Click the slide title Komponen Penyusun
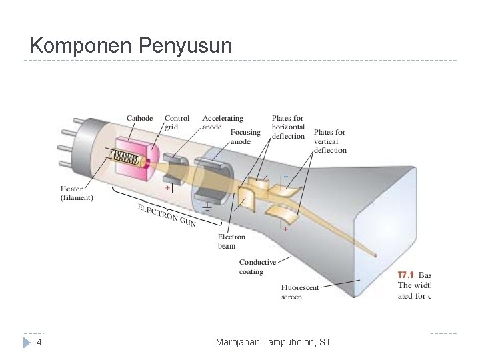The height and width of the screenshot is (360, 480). coord(131,46)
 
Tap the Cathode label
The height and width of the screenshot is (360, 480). coord(140,119)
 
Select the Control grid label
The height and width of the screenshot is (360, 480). coord(177,123)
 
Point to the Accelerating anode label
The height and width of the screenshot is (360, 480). coord(223,123)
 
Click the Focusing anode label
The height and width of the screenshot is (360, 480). coord(245,137)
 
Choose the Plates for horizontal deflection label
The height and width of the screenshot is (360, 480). coord(289,127)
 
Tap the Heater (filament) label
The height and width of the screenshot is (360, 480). coord(77,193)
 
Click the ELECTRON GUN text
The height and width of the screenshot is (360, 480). coord(166,215)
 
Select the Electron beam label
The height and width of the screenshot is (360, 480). coord(231,241)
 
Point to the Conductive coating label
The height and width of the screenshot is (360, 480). coord(257,267)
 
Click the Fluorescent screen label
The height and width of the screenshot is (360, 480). coord(300,292)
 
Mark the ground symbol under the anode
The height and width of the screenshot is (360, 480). coord(207,207)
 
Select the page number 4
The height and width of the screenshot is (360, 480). coord(39,343)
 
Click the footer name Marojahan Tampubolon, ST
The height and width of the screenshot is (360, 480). coord(273,343)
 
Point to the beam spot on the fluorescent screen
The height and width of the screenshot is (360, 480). coord(378,255)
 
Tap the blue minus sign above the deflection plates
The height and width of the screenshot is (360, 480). coord(285,175)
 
